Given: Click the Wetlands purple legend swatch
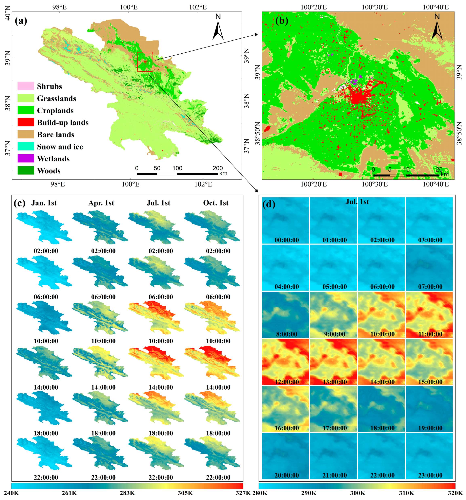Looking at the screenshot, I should (x=26, y=158).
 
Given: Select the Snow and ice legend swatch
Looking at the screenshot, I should (x=26, y=146).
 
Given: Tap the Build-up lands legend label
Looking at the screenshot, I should (x=63, y=123).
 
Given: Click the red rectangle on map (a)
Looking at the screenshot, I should (x=145, y=62).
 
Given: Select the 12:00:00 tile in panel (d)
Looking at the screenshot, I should (x=285, y=362).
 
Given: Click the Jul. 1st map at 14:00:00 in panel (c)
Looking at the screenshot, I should (x=156, y=362).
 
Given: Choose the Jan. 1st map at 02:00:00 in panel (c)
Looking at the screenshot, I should (x=44, y=228).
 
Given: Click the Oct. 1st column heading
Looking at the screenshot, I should (x=216, y=203).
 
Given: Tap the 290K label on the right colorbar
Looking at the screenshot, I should (x=308, y=493).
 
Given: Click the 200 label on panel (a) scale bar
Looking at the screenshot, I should (x=218, y=168).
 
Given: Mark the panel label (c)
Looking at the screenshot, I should (x=20, y=203).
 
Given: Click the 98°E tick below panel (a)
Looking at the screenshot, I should (x=58, y=184).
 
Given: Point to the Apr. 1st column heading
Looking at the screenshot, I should (x=101, y=203).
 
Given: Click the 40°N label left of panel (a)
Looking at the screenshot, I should (x=7, y=13).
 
